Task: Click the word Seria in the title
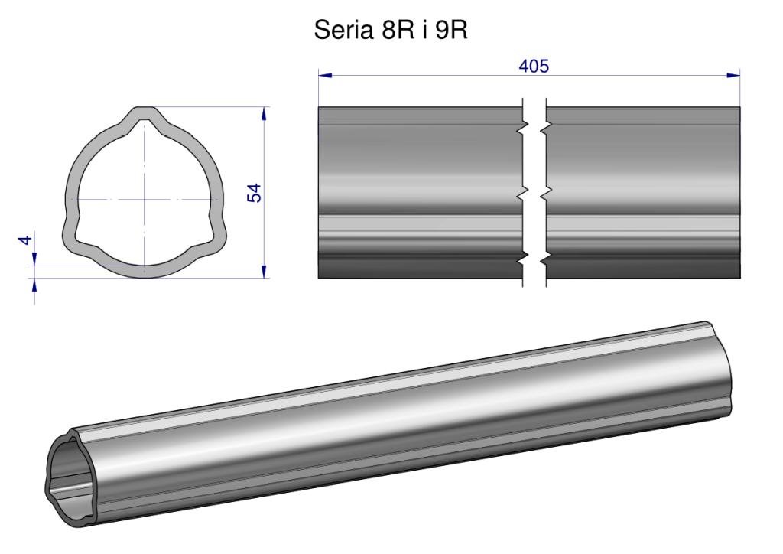pyautogui.click(x=343, y=30)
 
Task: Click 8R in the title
pyautogui.click(x=398, y=30)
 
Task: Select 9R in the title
pyautogui.click(x=451, y=30)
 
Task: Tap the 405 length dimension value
pyautogui.click(x=534, y=66)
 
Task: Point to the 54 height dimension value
pyautogui.click(x=254, y=193)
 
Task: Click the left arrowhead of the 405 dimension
pyautogui.click(x=325, y=76)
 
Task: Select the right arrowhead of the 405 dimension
pyautogui.click(x=733, y=76)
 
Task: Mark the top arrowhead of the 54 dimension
pyautogui.click(x=264, y=114)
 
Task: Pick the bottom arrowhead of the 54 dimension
pyautogui.click(x=264, y=271)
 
